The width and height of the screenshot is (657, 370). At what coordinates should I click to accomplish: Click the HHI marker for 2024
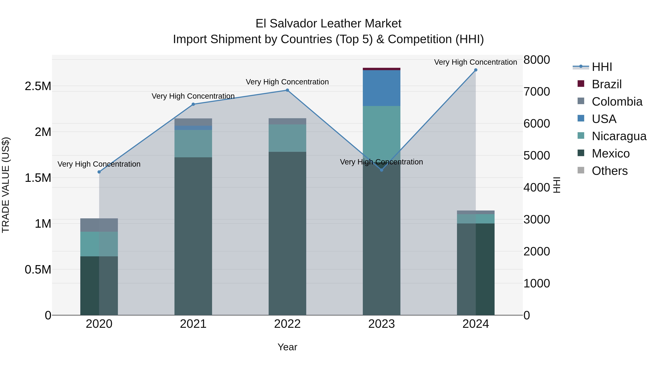tap(476, 70)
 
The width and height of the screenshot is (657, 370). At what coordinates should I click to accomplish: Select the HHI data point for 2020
tap(99, 172)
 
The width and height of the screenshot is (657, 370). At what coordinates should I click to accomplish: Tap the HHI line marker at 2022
tap(287, 90)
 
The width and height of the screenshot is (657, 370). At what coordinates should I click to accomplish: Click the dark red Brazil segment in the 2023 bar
tap(382, 69)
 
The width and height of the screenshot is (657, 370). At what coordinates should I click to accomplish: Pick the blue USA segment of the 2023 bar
tap(382, 88)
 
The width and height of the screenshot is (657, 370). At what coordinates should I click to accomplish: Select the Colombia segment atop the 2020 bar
tap(99, 225)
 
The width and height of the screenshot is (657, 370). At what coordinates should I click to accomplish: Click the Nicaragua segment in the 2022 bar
tap(287, 138)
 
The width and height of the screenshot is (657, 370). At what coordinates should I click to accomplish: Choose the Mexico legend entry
tap(611, 153)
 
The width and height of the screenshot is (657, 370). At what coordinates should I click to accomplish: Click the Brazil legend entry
tap(606, 84)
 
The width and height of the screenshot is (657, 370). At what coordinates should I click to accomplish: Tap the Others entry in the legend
tap(610, 171)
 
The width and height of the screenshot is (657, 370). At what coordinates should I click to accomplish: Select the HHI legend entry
tap(602, 67)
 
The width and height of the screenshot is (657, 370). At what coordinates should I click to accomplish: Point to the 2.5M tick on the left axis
tap(38, 86)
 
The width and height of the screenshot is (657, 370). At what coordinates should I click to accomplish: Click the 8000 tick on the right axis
tap(537, 60)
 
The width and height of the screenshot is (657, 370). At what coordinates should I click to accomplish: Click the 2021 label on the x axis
tap(193, 324)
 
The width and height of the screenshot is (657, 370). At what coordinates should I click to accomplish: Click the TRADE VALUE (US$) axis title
tap(6, 185)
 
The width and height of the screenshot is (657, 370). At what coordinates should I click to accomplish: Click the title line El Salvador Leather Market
tap(328, 24)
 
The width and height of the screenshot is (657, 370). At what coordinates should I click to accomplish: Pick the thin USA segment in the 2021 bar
tap(193, 128)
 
